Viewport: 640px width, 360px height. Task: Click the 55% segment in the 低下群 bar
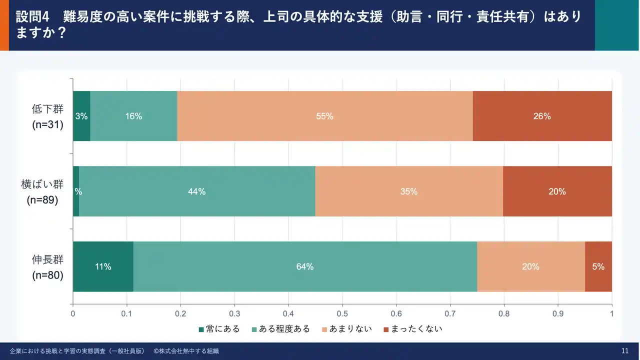click(324, 116)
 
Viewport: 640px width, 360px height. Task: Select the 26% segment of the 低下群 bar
click(542, 116)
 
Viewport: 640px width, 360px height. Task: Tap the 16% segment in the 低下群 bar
click(133, 116)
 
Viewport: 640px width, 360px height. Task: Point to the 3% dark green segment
click(81, 116)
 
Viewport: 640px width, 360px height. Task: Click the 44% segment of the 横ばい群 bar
click(197, 191)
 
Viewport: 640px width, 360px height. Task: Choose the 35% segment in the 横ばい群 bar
click(408, 191)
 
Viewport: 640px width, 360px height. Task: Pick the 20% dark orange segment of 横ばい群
click(557, 191)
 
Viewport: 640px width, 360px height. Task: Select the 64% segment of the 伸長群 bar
click(304, 266)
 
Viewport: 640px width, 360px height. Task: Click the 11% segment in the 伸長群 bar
click(103, 266)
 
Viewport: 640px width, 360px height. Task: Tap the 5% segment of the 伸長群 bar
click(598, 266)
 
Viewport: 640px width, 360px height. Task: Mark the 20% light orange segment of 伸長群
click(530, 266)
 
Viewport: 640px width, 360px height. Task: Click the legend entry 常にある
click(219, 329)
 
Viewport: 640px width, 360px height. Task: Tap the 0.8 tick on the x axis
click(504, 314)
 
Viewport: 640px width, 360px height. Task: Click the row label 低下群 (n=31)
click(47, 116)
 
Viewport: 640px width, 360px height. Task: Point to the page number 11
click(624, 351)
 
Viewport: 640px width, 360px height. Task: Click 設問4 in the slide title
click(33, 16)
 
